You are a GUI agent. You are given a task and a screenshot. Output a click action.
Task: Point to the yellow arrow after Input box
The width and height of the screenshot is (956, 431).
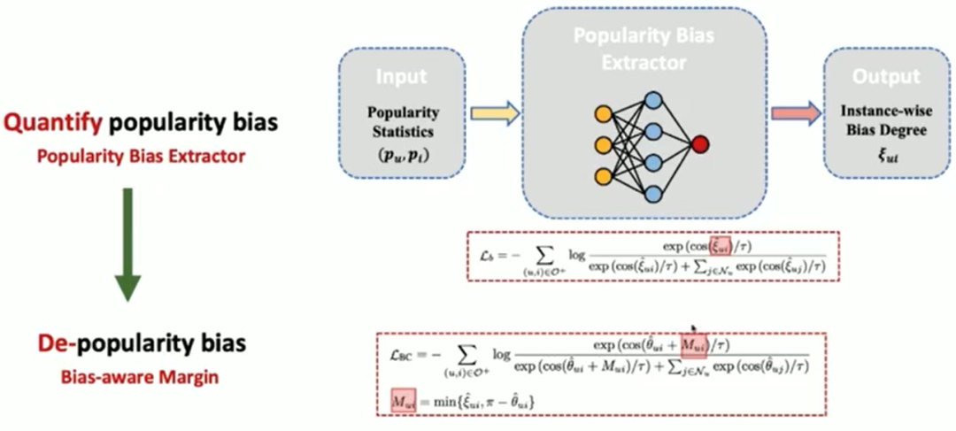click(494, 113)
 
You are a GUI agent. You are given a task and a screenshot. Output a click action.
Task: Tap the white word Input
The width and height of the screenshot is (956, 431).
click(402, 76)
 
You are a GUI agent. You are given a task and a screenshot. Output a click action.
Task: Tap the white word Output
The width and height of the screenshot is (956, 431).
click(886, 77)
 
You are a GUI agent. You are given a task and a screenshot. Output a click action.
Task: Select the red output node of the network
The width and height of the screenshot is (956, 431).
click(700, 143)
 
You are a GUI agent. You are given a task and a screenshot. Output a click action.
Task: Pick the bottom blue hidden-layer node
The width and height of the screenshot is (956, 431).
click(652, 193)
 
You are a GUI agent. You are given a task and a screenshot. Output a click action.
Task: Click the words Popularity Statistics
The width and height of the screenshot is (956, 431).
click(403, 122)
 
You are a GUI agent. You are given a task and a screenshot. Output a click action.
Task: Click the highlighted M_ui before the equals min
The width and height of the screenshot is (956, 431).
click(404, 401)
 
